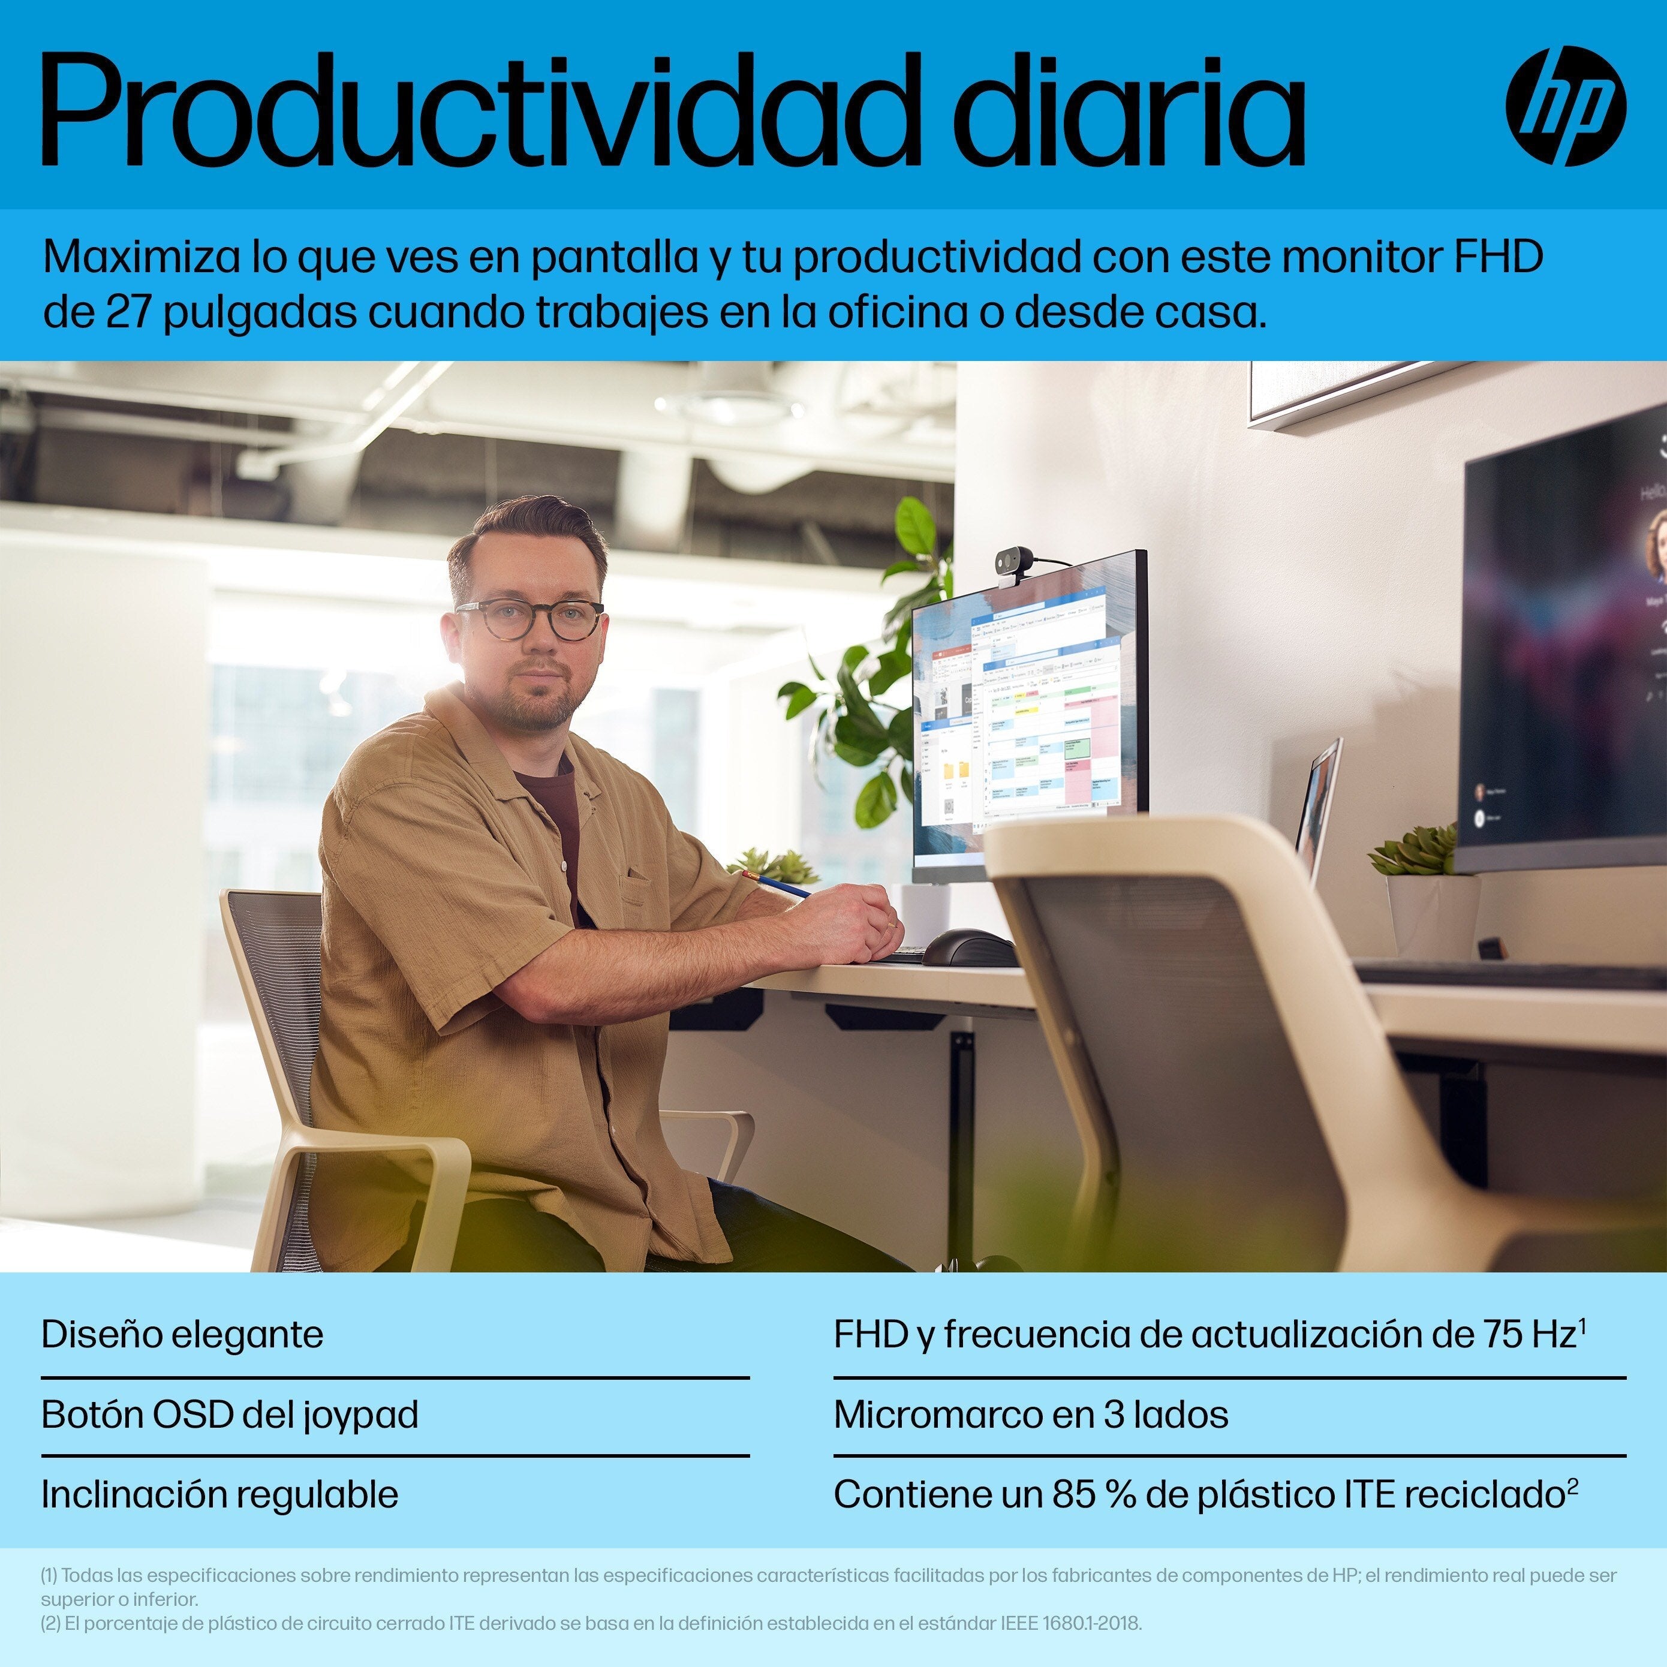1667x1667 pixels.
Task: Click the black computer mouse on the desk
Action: [968, 947]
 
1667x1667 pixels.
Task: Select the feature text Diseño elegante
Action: [182, 1334]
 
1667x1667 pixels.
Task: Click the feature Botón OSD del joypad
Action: [230, 1414]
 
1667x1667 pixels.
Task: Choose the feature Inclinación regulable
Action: [219, 1494]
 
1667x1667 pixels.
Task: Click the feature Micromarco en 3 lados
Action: [1030, 1414]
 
